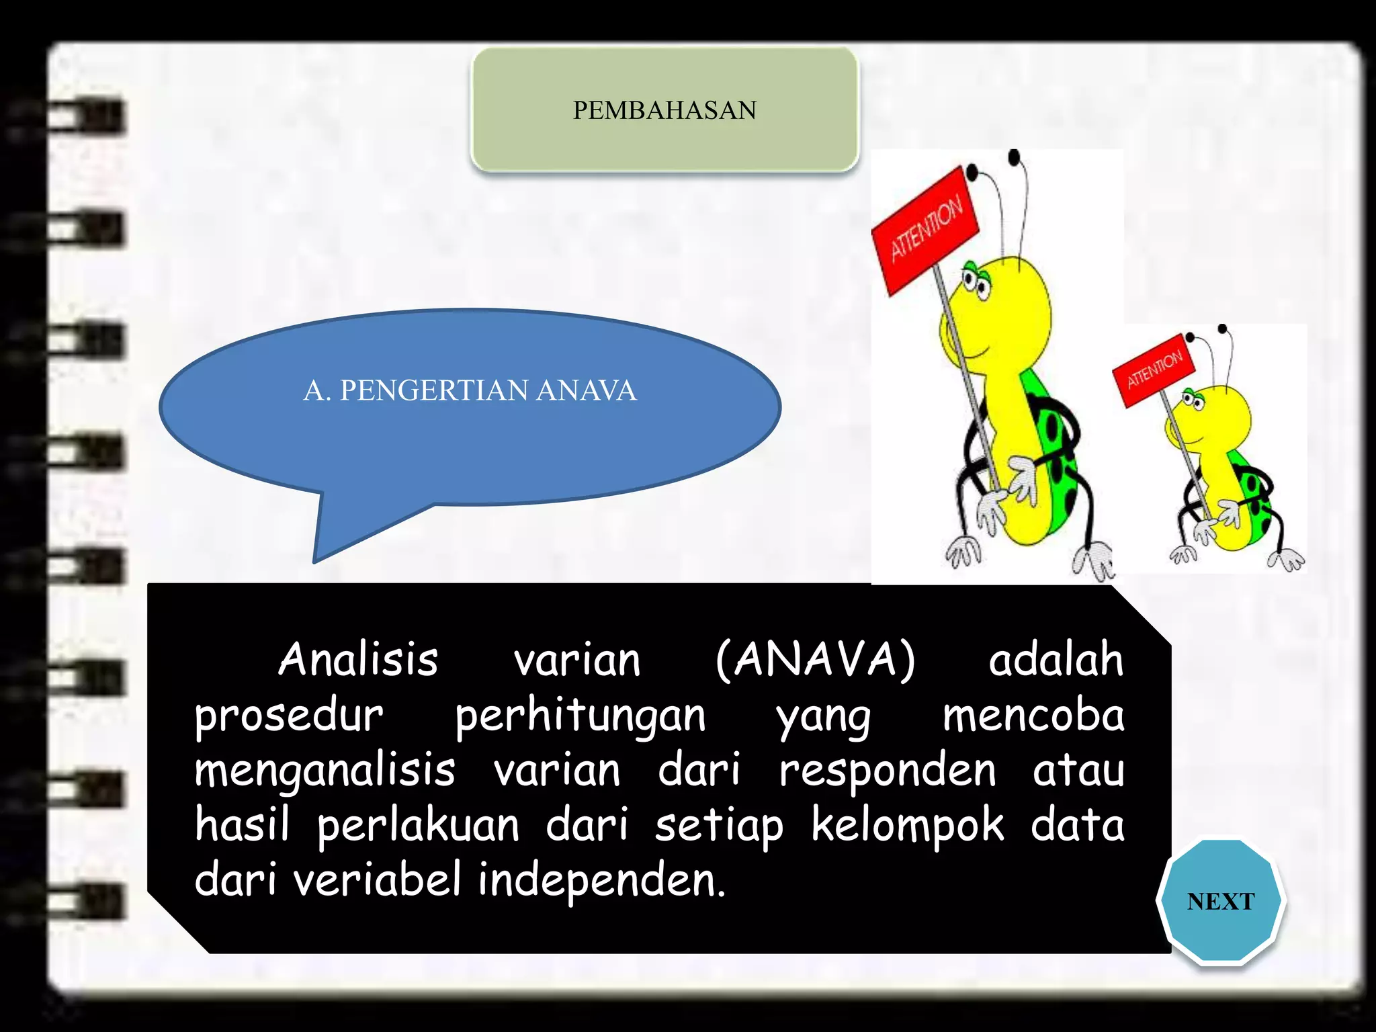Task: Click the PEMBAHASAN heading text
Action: click(664, 110)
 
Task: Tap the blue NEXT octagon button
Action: click(1220, 901)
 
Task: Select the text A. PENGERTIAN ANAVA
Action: click(470, 390)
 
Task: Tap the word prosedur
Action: click(289, 716)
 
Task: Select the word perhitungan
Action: click(580, 716)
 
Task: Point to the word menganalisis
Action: click(325, 771)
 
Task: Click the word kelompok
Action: click(908, 825)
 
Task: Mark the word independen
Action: click(602, 880)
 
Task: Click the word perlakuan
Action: click(419, 826)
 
